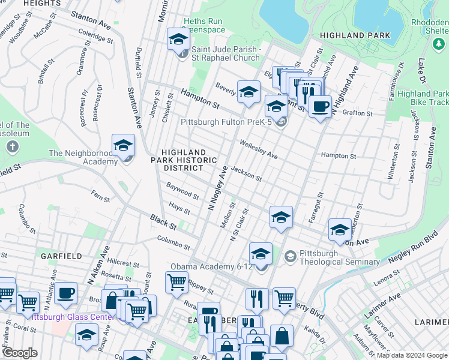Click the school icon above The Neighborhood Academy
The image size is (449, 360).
[123, 145]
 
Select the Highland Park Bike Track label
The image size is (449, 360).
[423, 98]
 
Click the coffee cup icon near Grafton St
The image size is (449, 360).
[321, 107]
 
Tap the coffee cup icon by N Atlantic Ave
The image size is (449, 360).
[66, 293]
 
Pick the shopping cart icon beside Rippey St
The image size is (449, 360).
[176, 281]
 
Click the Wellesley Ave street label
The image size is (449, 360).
[258, 149]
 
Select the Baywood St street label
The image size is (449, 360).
[182, 191]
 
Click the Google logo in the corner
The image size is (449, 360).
[20, 353]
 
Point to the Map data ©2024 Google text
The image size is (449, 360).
[411, 355]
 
